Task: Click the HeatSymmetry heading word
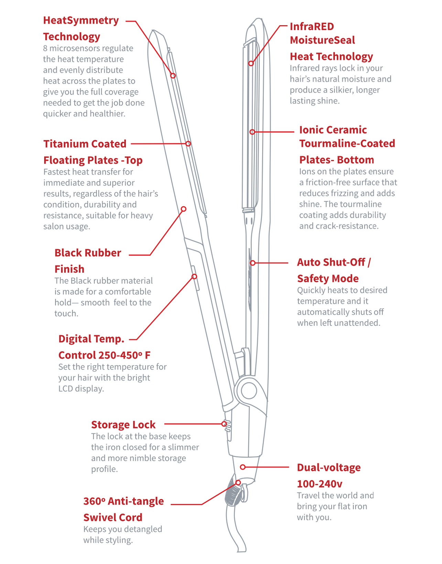[x=81, y=20]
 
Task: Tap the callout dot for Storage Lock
[x=224, y=424]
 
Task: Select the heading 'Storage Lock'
[x=123, y=425]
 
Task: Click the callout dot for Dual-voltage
[x=243, y=467]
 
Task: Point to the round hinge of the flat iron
[x=249, y=391]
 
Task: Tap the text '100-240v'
[x=320, y=484]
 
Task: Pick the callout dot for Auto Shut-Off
[x=253, y=263]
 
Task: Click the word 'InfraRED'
[x=312, y=26]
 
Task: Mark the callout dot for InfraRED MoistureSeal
[x=251, y=63]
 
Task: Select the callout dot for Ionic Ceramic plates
[x=252, y=132]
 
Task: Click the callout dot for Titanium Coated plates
[x=188, y=143]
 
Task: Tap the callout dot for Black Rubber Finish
[x=184, y=209]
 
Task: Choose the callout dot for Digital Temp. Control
[x=194, y=276]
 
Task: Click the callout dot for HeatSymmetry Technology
[x=173, y=76]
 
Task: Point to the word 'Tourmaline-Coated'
[x=347, y=143]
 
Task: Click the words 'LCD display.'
[x=81, y=389]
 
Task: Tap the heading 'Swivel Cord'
[x=112, y=517]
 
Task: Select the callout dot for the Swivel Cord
[x=238, y=483]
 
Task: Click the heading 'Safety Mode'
[x=327, y=278]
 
